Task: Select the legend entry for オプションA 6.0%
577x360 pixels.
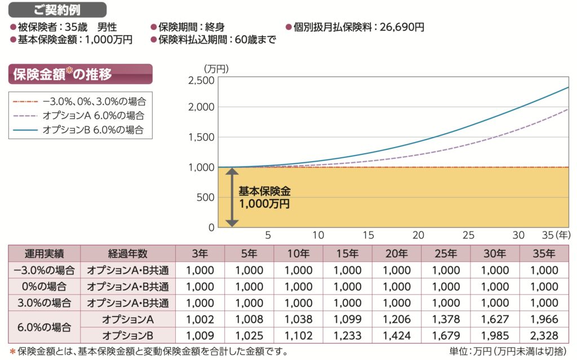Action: (93, 115)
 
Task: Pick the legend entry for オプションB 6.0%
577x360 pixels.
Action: (93, 130)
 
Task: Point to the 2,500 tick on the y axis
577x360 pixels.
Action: (201, 80)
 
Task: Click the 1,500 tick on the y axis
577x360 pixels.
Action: (201, 137)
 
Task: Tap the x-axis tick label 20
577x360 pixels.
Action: (418, 235)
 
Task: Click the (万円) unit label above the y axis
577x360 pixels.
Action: (216, 68)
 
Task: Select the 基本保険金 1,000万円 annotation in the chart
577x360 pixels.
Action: (264, 197)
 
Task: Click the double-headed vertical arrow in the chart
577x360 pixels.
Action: (229, 197)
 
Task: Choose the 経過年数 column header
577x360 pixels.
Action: (128, 254)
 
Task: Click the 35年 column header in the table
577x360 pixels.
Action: (544, 254)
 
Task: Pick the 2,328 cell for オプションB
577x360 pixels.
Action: (544, 336)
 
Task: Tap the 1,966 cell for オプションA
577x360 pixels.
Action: (544, 319)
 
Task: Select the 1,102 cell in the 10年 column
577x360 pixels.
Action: (298, 336)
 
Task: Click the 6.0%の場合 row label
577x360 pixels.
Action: (45, 327)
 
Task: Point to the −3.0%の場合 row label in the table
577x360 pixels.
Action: (45, 270)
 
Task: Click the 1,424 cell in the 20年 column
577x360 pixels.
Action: (397, 336)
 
